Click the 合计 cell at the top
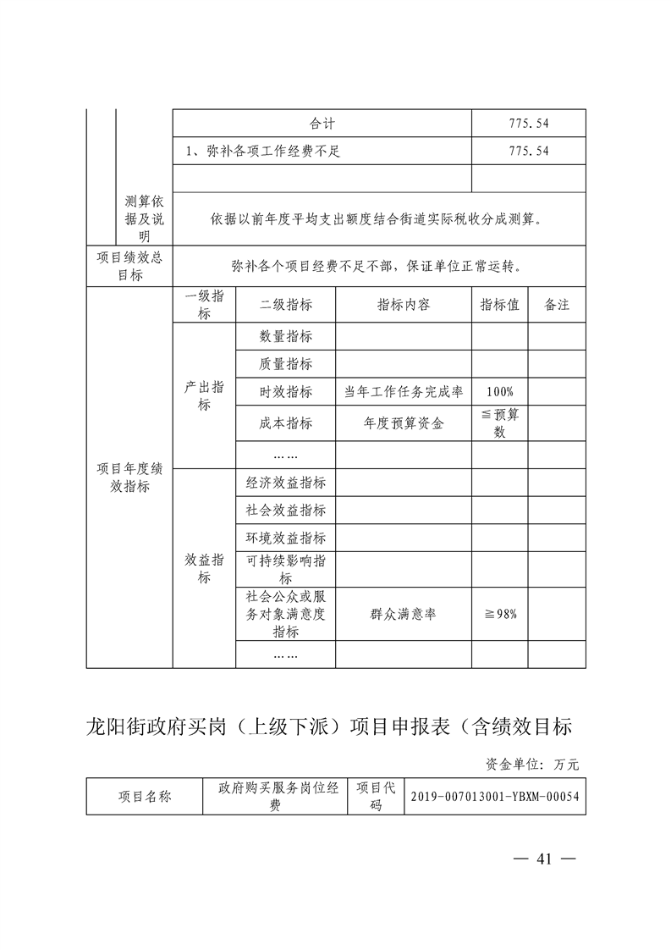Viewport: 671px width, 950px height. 322,123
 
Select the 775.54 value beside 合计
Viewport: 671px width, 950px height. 529,123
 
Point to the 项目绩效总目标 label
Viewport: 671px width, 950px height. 129,267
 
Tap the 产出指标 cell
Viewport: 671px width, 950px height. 204,395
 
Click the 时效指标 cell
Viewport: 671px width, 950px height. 286,392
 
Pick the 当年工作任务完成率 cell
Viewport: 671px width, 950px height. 404,392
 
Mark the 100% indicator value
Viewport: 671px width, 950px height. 500,392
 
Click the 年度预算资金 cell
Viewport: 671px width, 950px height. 404,423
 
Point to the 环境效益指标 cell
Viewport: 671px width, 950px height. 286,538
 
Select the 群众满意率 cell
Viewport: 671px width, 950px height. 404,615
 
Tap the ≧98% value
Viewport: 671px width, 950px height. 500,615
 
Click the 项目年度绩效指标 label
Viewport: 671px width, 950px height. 129,478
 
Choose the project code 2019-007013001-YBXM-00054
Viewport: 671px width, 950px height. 496,797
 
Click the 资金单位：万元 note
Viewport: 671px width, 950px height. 532,764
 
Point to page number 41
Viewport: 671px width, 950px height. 544,859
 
